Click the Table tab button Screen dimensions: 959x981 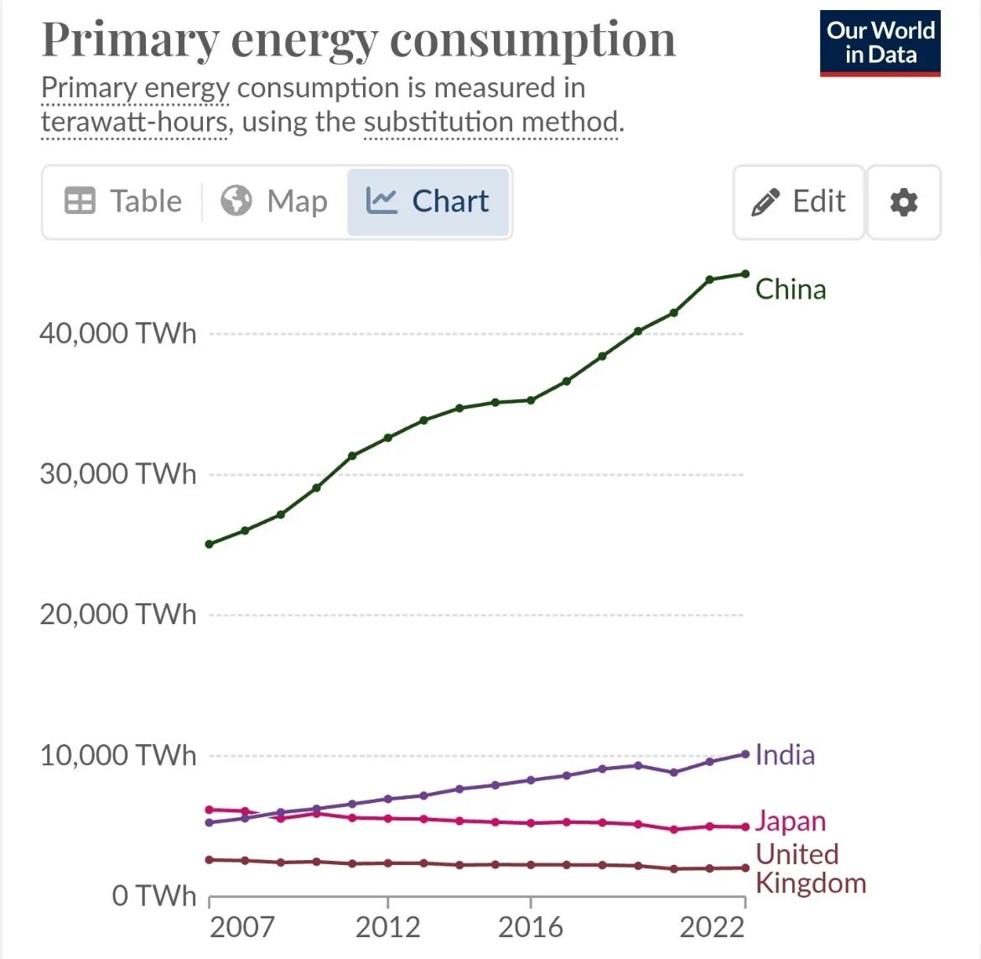pyautogui.click(x=123, y=201)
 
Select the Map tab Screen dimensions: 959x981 pyautogui.click(x=274, y=201)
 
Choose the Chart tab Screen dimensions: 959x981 pyautogui.click(x=428, y=201)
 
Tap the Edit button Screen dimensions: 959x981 pyautogui.click(x=799, y=201)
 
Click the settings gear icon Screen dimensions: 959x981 pyautogui.click(x=903, y=202)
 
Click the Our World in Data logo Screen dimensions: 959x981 pyautogui.click(x=880, y=43)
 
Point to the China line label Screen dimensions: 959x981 pyautogui.click(x=791, y=289)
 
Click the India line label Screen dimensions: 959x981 pyautogui.click(x=785, y=755)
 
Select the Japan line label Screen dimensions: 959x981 pyautogui.click(x=790, y=821)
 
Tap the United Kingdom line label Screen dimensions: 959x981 pyautogui.click(x=810, y=868)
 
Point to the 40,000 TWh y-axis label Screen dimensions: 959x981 pyautogui.click(x=118, y=334)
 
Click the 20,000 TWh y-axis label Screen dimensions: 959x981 pyautogui.click(x=118, y=615)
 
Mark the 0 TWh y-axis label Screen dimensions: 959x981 pyautogui.click(x=154, y=896)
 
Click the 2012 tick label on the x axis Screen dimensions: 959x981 pyautogui.click(x=387, y=927)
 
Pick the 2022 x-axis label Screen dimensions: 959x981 pyautogui.click(x=712, y=927)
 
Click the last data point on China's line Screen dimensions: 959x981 pyautogui.click(x=745, y=274)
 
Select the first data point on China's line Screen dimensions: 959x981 pyautogui.click(x=210, y=545)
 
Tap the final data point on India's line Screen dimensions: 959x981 pyautogui.click(x=745, y=754)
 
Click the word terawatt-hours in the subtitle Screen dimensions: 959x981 pyautogui.click(x=134, y=122)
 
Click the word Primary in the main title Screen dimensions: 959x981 pyautogui.click(x=129, y=40)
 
